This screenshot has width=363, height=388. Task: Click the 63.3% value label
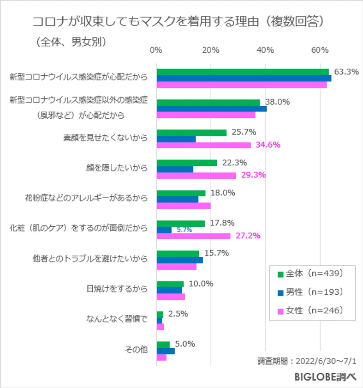coord(346,72)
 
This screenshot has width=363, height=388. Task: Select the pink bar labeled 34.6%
coord(204,145)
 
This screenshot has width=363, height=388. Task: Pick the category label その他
coord(136,350)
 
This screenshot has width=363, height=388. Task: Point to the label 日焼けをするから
coord(117,289)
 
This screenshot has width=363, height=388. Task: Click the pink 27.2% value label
coord(248,236)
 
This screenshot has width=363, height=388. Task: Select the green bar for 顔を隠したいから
coord(187,163)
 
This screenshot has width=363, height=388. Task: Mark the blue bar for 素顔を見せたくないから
coord(176,139)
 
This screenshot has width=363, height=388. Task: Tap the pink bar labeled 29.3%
coord(196,176)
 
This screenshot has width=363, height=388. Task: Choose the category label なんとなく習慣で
coord(117,319)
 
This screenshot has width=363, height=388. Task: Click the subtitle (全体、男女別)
coord(71,42)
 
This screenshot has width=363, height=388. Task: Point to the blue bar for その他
coord(166,351)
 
